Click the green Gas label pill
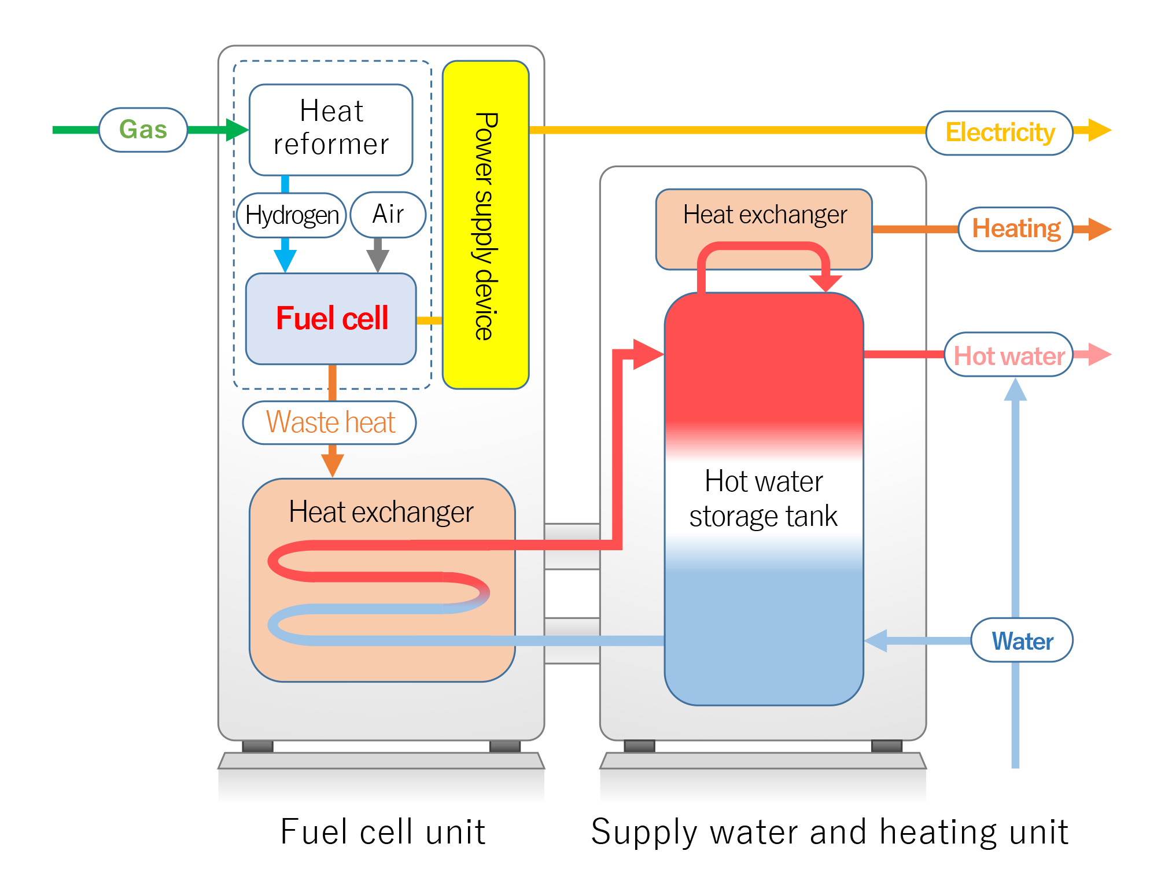click(143, 130)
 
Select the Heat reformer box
click(331, 130)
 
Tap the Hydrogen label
click(292, 215)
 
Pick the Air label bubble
click(388, 215)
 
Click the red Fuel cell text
click(331, 318)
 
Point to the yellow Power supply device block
click(485, 226)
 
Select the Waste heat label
click(330, 422)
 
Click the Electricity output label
click(999, 132)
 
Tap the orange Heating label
click(1015, 229)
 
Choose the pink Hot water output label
click(1008, 355)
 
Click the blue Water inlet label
click(1022, 640)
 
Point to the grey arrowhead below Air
click(378, 260)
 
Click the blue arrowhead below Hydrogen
click(285, 260)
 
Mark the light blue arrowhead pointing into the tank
click(877, 640)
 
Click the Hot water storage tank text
click(764, 498)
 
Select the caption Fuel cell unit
click(382, 832)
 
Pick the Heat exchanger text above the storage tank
click(764, 215)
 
